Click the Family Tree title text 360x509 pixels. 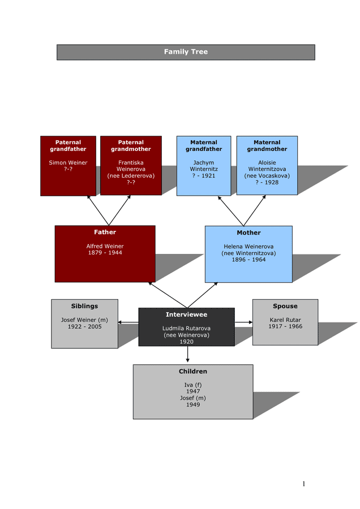click(186, 52)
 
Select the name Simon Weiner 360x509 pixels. click(68, 163)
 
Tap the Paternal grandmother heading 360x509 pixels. click(131, 146)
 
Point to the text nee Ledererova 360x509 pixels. click(131, 176)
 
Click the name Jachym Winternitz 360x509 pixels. click(204, 166)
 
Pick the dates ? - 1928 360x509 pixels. click(267, 183)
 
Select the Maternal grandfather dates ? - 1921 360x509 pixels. click(204, 176)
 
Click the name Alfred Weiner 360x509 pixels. click(105, 247)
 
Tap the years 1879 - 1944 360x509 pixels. click(105, 253)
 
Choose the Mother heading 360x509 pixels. click(248, 233)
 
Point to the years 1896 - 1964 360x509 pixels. click(248, 260)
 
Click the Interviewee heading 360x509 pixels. click(186, 314)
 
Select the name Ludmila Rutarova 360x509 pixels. click(186, 329)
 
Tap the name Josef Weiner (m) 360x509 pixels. click(84, 320)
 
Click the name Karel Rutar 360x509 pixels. click(285, 320)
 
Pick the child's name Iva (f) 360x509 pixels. click(193, 385)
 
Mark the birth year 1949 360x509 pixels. click(193, 405)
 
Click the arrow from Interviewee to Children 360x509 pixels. click(187, 355)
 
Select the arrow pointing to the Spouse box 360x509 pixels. click(244, 322)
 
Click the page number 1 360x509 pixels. click(303, 484)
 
